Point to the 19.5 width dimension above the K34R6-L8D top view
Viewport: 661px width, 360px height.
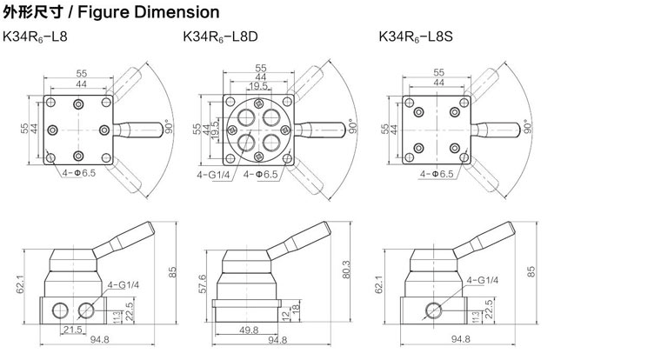point(258,86)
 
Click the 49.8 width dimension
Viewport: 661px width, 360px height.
point(250,330)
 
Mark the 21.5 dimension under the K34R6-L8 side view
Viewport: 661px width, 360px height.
point(72,330)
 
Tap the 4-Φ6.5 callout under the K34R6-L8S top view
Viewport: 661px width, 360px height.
point(437,174)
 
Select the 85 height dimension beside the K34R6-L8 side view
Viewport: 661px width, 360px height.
point(173,272)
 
